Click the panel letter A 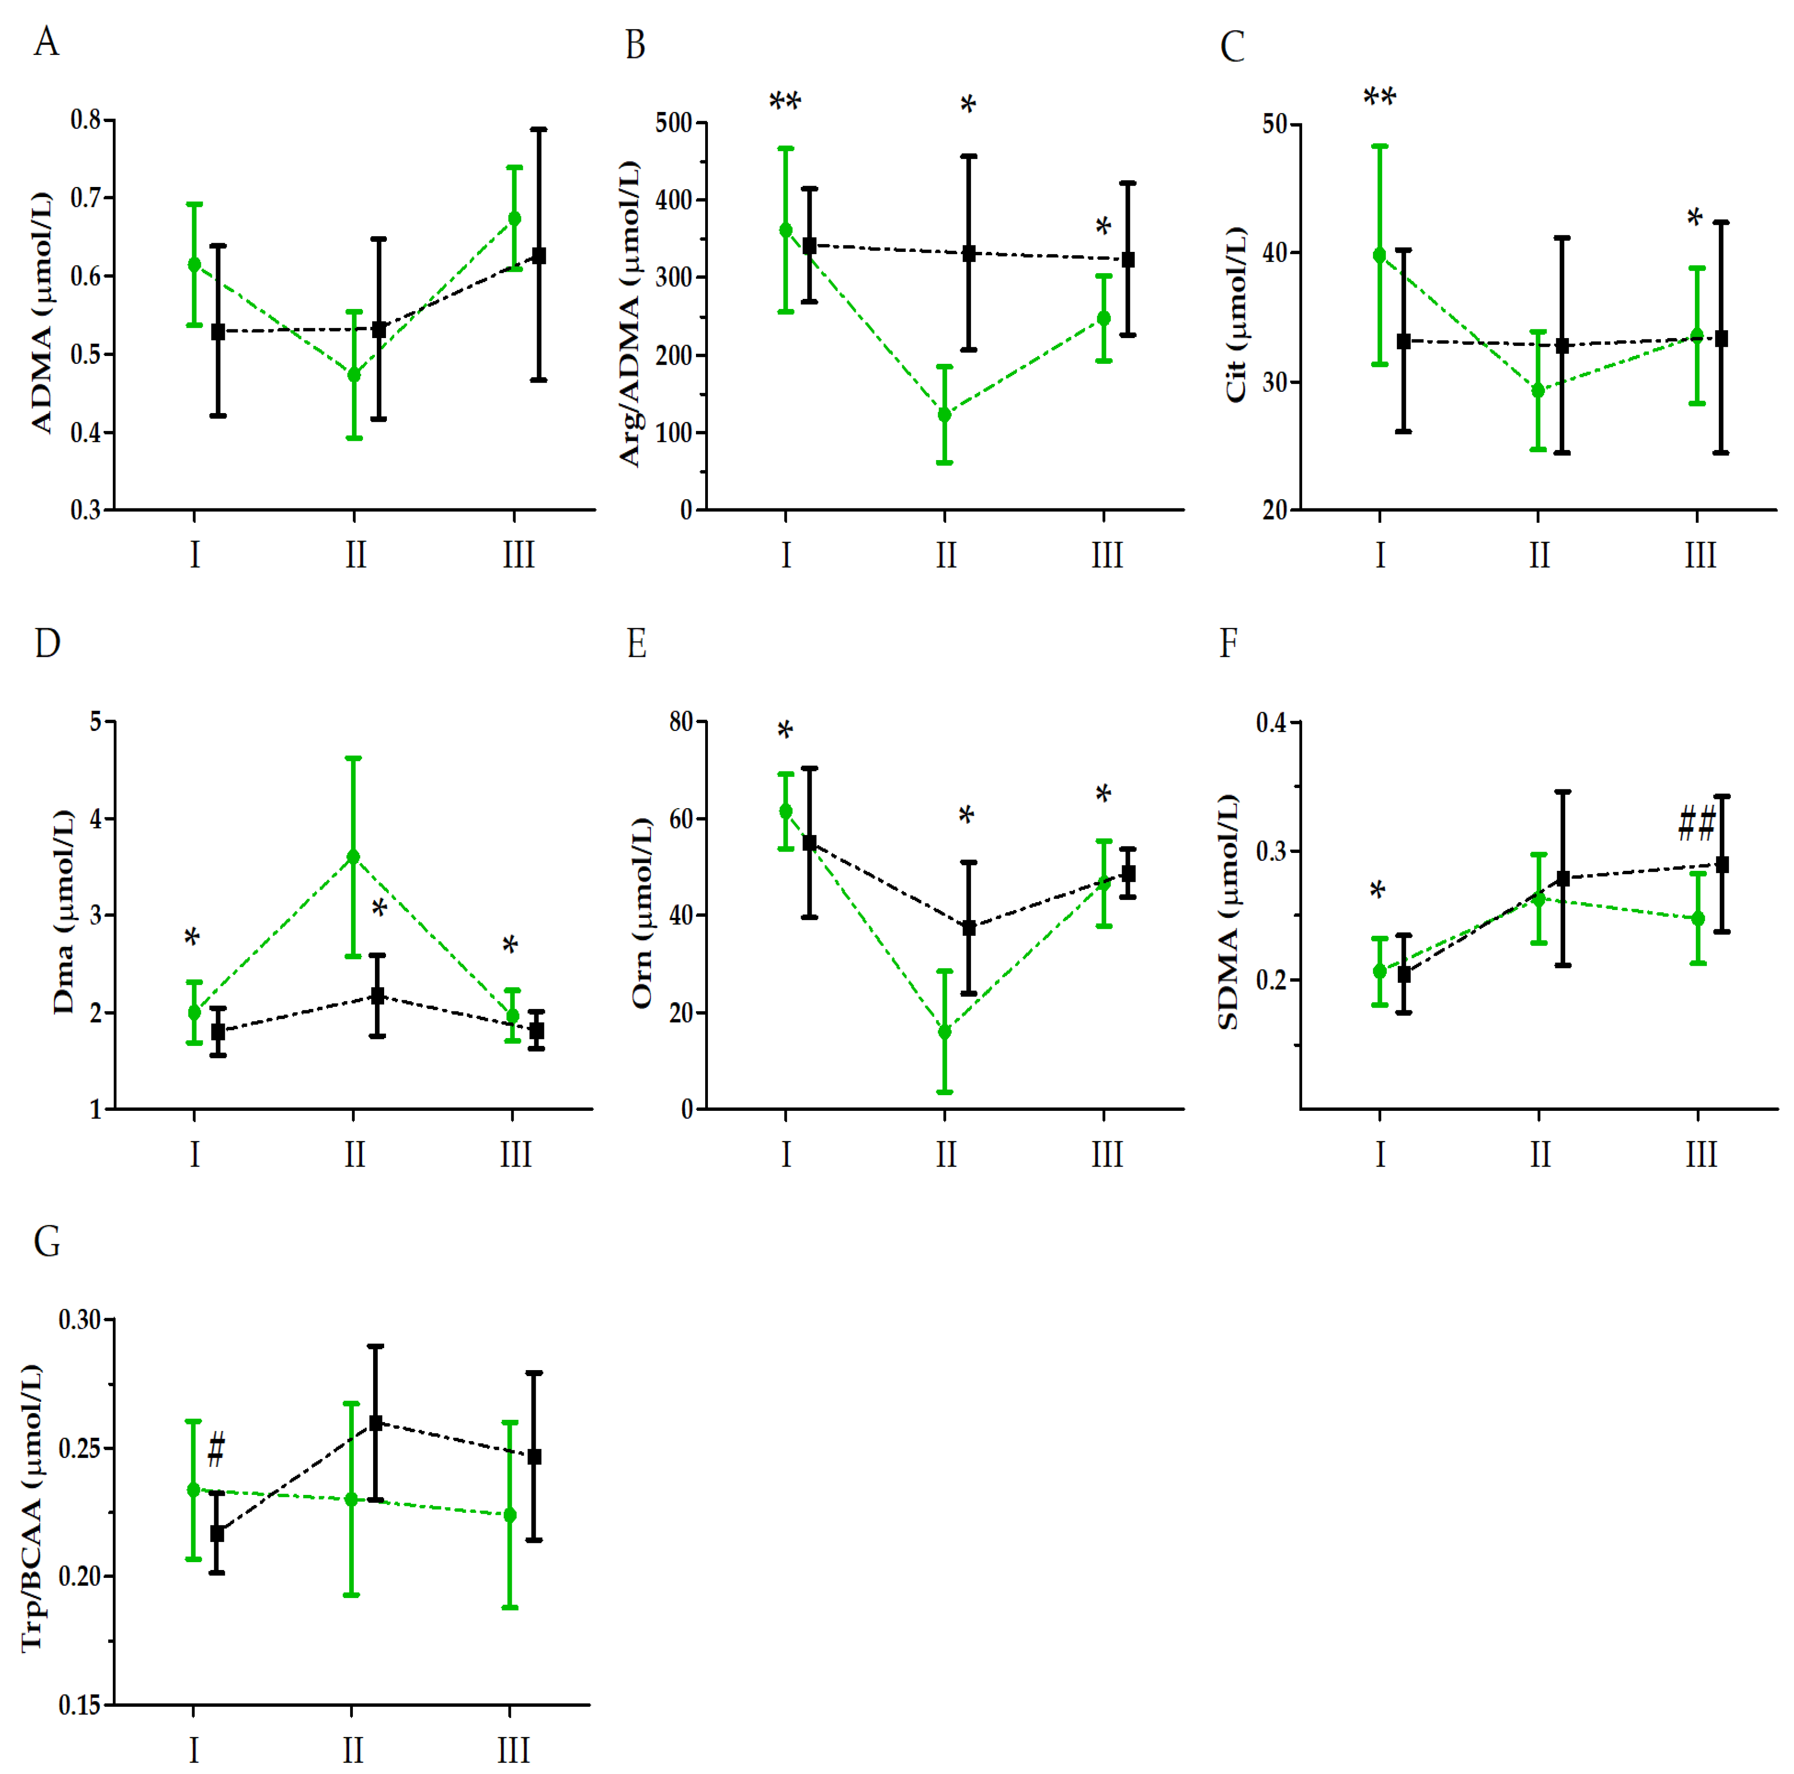point(47,42)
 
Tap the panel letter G point(47,1241)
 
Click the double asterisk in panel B point(785,102)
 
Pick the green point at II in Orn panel point(944,1031)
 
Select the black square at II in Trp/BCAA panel point(376,1422)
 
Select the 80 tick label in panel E point(682,721)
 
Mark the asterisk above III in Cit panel point(1695,219)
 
